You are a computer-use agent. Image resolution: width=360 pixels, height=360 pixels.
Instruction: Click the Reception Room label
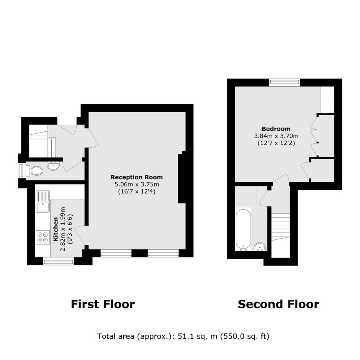point(137,177)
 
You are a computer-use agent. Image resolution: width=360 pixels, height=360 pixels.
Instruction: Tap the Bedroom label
point(276,129)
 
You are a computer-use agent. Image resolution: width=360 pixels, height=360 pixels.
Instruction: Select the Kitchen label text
point(56,229)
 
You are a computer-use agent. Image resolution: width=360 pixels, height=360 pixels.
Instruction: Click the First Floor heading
point(103,304)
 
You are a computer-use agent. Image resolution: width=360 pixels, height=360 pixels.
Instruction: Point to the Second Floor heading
point(278,304)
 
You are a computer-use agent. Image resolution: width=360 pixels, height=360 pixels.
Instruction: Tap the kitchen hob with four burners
point(43,237)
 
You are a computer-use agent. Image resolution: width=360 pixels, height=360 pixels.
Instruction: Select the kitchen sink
point(43,201)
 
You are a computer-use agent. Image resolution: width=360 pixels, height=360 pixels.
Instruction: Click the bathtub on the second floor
point(243,229)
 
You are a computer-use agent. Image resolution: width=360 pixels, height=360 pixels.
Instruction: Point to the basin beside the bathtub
point(260,247)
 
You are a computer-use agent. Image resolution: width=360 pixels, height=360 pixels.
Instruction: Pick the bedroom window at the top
point(285,82)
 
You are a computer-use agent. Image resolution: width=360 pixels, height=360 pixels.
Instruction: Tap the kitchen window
point(59,261)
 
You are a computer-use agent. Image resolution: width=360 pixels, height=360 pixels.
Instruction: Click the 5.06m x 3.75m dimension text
point(137,184)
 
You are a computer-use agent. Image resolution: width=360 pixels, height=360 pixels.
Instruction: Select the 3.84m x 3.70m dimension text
point(276,136)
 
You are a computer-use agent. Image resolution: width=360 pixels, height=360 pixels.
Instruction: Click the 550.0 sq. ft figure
point(245,336)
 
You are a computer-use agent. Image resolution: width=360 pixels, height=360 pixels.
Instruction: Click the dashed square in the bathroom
point(249,196)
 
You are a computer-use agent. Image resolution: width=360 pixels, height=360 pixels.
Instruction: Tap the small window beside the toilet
point(21,170)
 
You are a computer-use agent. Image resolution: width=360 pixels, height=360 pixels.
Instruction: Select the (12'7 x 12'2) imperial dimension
point(276,143)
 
